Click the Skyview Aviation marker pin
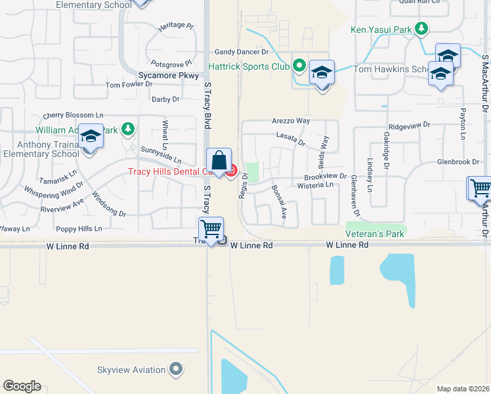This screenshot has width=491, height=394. pos(175,370)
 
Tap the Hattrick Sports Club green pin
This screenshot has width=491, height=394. pos(299,66)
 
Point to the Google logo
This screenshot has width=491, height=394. pos(22,386)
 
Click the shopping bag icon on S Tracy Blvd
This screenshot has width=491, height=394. pos(219,160)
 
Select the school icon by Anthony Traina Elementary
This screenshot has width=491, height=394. pos(92,138)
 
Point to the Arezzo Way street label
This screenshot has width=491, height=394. pos(291,121)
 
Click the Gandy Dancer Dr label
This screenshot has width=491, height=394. pos(242,52)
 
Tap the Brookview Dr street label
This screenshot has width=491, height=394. pos(325,177)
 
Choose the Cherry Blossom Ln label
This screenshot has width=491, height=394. pos(73,116)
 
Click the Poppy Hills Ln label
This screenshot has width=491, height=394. pos(79,229)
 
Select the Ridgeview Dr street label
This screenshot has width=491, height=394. pos(409,124)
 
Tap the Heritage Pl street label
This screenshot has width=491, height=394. pos(176,27)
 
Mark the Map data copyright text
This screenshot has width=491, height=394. pos(463,389)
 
